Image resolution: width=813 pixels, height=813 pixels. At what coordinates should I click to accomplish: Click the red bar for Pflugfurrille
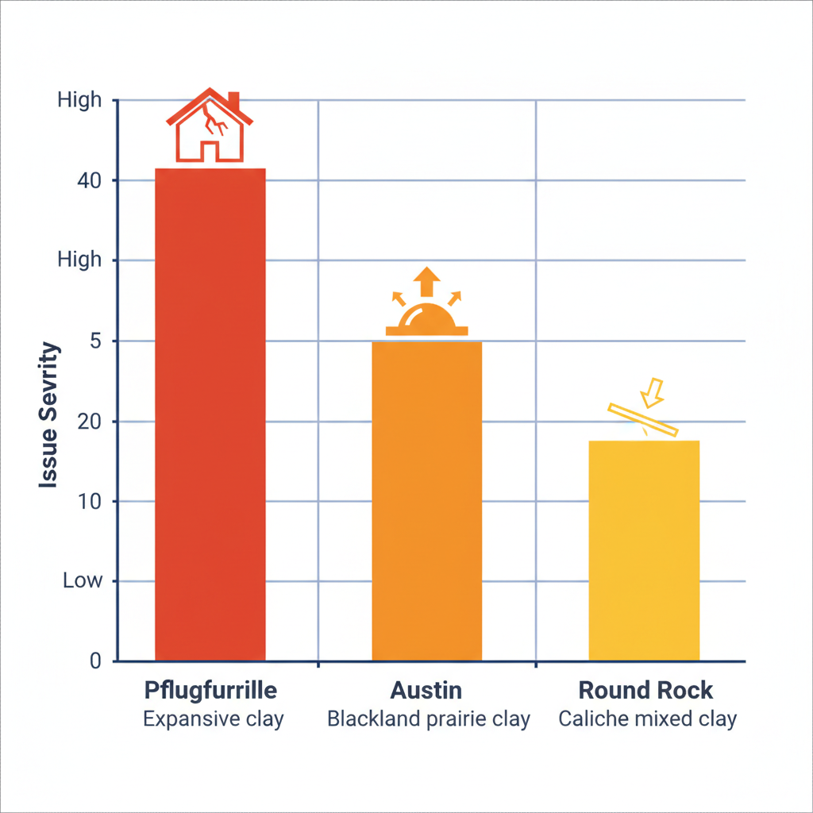point(210,413)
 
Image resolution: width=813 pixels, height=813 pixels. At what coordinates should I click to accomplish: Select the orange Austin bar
point(427,500)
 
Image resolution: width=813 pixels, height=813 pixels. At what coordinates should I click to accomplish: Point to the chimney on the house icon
point(233,102)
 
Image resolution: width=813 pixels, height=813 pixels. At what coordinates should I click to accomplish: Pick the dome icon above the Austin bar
point(427,320)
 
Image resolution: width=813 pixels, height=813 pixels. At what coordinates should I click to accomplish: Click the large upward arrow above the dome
point(427,280)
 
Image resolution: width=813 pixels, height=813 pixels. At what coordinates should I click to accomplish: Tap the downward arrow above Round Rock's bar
point(655,389)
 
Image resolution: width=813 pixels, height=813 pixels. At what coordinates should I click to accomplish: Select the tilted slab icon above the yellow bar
point(642,420)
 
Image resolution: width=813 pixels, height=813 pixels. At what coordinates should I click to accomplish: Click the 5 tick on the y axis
point(93,341)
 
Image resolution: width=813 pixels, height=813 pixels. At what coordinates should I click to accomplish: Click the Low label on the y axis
point(83,581)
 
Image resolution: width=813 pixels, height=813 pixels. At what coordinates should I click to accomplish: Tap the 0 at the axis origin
point(95,661)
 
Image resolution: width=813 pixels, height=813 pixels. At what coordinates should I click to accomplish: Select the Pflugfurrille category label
point(210,690)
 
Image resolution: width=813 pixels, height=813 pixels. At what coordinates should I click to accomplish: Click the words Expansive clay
point(213,719)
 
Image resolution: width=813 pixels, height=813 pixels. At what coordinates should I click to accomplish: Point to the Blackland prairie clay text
point(429,719)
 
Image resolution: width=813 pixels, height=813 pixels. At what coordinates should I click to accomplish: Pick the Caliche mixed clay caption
point(647,719)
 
